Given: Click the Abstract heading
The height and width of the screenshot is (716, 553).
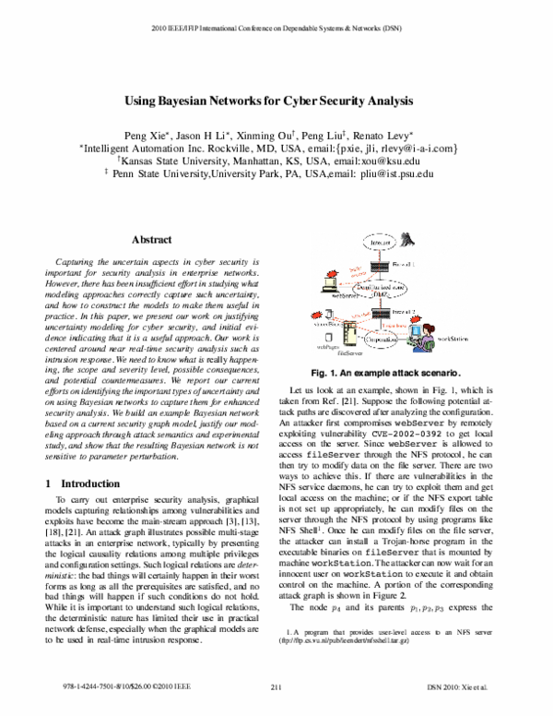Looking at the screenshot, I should pos(153,239).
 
